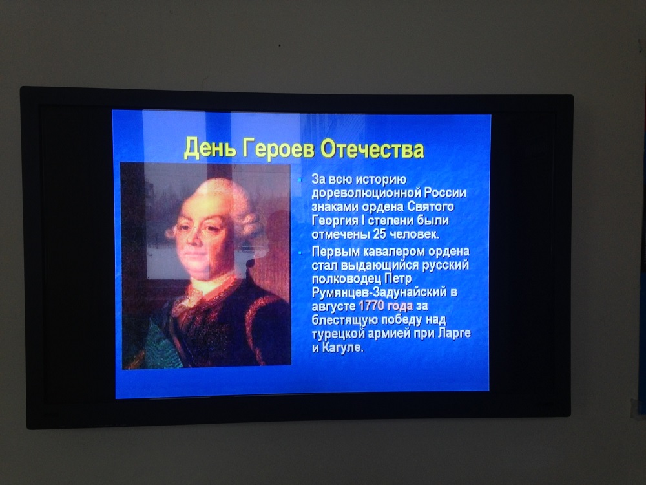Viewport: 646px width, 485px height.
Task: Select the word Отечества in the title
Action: (372, 149)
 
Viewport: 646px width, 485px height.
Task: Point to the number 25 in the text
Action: (379, 234)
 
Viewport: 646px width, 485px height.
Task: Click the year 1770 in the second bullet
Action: (371, 306)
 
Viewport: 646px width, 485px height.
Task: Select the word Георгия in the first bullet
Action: (335, 221)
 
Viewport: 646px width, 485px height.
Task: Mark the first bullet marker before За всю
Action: (300, 180)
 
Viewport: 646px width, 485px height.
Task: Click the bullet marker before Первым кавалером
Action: (300, 252)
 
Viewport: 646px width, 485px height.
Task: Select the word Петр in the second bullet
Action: (398, 279)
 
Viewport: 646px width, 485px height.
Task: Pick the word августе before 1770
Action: (334, 307)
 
